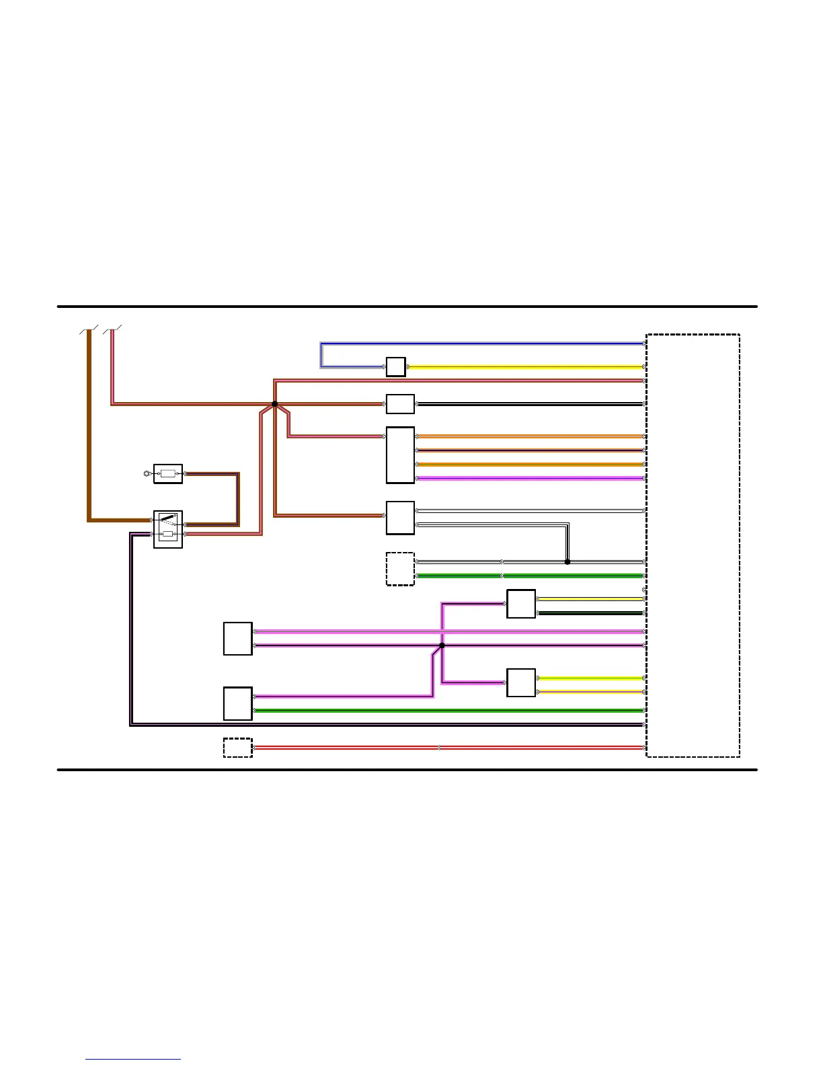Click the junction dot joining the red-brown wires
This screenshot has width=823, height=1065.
coord(274,404)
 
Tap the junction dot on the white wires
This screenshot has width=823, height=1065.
coord(567,562)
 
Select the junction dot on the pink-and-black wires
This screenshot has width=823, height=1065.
coord(442,645)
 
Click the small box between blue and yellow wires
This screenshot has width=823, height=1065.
coord(395,367)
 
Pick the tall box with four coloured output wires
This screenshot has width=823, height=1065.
coord(400,455)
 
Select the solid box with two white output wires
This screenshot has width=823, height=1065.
coord(400,518)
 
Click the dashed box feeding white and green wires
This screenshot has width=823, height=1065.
coord(400,569)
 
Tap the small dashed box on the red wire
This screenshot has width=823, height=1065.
coord(237,748)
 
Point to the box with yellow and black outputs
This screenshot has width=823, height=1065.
coord(521,604)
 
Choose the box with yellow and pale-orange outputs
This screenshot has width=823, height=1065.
coord(521,683)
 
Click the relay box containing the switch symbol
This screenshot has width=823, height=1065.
coord(168,529)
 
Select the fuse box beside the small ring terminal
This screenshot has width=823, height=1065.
coord(168,473)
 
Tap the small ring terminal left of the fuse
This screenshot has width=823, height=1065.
coord(147,474)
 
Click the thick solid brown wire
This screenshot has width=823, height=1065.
coord(89,430)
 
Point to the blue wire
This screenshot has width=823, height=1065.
coord(471,344)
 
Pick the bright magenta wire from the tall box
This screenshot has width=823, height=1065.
coord(531,479)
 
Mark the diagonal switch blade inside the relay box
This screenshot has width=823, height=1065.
coord(168,519)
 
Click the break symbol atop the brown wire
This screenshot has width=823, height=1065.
coord(89,329)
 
